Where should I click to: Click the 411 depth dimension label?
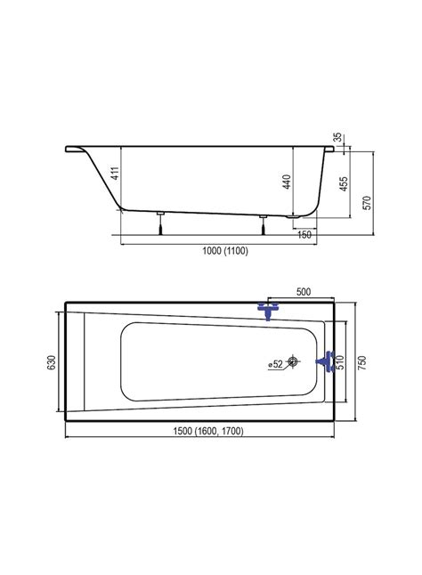(x=115, y=173)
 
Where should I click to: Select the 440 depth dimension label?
(x=287, y=182)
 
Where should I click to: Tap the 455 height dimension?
(x=344, y=183)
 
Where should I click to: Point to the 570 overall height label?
(x=368, y=203)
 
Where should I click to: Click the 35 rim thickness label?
(x=338, y=137)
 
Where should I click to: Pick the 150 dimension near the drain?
(x=304, y=234)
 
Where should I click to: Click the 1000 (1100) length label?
(x=225, y=251)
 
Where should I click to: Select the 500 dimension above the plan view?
(x=304, y=292)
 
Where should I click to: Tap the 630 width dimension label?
(x=52, y=362)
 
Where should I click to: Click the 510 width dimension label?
(x=340, y=362)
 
